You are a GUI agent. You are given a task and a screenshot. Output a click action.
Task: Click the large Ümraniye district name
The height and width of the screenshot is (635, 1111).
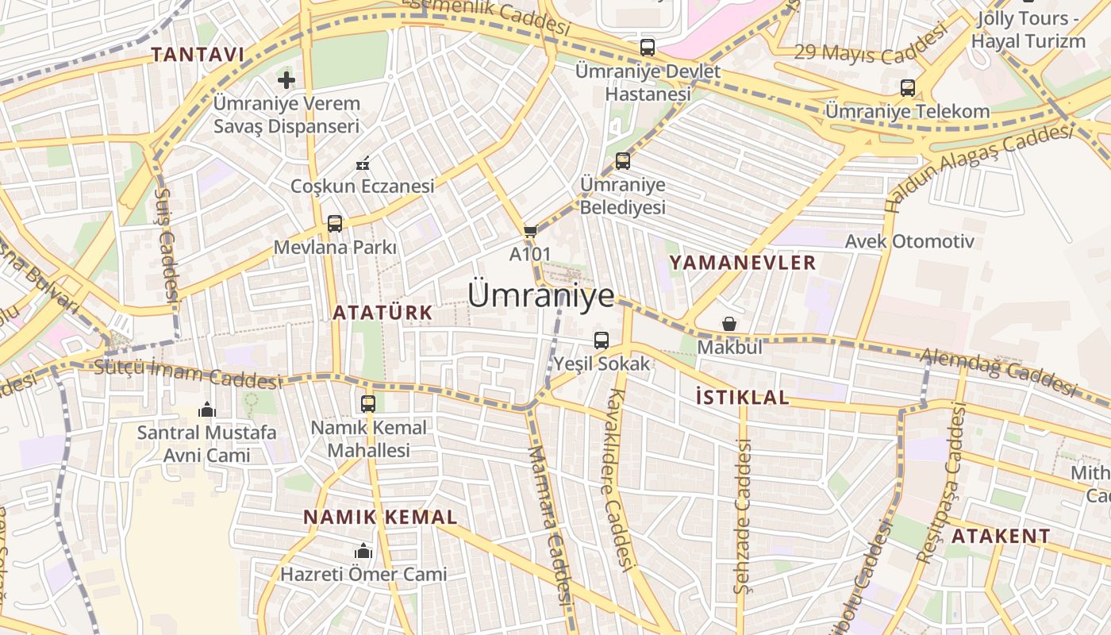(541, 295)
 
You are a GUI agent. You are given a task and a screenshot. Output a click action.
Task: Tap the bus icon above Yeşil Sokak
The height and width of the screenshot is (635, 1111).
(602, 341)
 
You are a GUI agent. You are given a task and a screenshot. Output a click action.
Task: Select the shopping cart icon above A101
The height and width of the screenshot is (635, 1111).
(530, 232)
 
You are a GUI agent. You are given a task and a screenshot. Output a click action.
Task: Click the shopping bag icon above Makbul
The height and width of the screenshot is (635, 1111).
(728, 324)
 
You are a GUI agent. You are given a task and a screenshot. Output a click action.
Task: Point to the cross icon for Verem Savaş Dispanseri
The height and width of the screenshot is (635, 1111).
(286, 79)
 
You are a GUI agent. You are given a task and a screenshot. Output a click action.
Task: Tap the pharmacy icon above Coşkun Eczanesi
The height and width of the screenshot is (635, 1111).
(363, 164)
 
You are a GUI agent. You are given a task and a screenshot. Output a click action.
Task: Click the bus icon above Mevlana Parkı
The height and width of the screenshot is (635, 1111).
(335, 224)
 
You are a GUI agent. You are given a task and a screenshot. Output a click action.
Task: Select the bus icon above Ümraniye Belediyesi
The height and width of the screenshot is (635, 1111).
(623, 161)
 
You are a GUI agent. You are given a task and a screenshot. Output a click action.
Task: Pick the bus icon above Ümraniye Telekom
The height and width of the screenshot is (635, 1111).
(908, 88)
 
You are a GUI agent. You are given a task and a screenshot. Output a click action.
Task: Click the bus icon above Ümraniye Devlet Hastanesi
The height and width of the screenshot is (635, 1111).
(648, 48)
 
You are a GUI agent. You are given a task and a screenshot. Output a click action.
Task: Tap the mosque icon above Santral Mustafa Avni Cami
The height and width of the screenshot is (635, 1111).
(207, 410)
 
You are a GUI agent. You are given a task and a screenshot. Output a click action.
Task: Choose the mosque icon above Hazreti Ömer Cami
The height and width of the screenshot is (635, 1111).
(363, 551)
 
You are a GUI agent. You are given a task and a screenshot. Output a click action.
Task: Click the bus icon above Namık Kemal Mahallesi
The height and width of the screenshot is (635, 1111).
(368, 403)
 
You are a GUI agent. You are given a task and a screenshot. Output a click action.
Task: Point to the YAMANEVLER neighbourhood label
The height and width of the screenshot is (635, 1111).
(742, 263)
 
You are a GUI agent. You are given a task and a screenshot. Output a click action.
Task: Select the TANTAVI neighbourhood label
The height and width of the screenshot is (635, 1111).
(198, 55)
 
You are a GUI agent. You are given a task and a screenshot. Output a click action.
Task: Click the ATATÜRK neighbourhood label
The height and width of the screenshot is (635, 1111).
(383, 313)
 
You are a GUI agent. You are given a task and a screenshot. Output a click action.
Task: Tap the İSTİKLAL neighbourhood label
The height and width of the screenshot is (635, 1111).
(742, 398)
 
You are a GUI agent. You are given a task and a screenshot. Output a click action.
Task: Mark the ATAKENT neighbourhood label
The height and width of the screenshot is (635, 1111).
(1001, 536)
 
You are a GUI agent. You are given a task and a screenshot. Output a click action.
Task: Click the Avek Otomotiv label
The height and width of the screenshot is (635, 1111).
(909, 241)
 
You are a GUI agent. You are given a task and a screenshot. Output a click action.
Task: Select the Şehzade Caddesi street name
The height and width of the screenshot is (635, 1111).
(742, 516)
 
